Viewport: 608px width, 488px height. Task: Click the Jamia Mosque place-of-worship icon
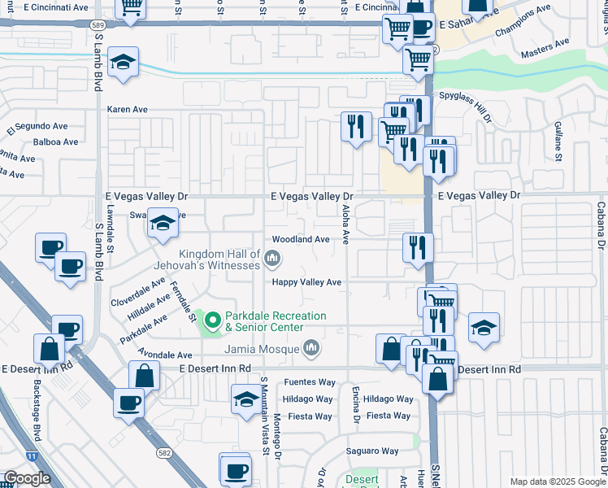tap(311, 350)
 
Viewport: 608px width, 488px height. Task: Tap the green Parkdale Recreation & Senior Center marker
tap(213, 321)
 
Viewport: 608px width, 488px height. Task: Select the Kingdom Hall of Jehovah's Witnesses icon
tap(272, 259)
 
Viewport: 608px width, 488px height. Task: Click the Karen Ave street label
tap(128, 109)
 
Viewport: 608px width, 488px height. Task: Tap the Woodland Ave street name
tap(301, 240)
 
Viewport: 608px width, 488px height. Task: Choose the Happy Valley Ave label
tap(306, 282)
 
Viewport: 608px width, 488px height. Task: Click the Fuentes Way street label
tap(310, 382)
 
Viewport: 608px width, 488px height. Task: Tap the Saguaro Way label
tap(371, 451)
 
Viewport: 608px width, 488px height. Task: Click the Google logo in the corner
tap(26, 478)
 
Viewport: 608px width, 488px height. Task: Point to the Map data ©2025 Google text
tap(557, 481)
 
